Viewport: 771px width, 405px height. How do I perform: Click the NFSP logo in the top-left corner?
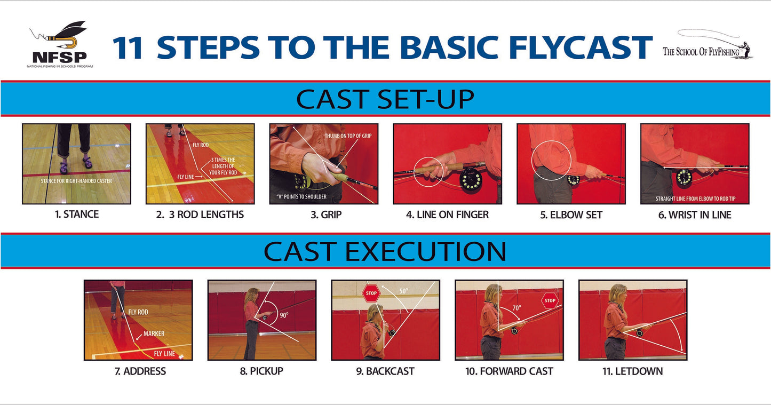[59, 46]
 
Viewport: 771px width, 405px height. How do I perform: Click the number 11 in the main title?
[128, 47]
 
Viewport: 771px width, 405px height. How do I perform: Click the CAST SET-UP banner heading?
[385, 99]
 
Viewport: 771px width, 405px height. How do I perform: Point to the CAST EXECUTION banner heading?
[385, 251]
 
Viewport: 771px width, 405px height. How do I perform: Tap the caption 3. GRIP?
[323, 215]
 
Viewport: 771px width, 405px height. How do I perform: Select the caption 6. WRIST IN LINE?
[695, 215]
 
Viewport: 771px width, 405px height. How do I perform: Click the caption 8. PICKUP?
[261, 371]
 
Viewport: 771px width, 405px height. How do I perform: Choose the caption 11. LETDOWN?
[632, 371]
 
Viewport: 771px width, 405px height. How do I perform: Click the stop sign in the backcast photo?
[371, 293]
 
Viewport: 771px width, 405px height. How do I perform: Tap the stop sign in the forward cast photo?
[550, 300]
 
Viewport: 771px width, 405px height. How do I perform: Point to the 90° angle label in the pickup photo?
[283, 315]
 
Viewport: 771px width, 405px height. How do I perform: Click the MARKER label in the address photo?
[154, 333]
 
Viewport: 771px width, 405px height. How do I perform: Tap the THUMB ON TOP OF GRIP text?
[347, 136]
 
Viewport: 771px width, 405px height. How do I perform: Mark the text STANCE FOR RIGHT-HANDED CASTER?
[76, 181]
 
